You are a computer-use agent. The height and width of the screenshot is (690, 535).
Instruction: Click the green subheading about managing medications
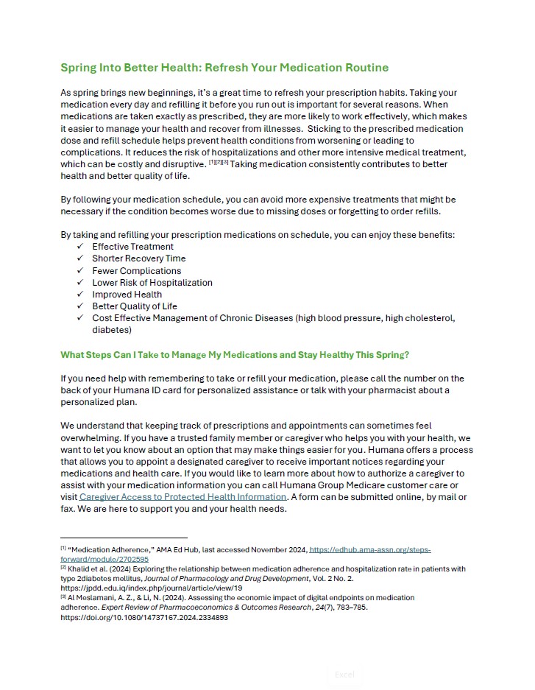tap(235, 354)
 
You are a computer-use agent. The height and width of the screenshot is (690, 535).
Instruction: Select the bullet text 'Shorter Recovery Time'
tap(138, 258)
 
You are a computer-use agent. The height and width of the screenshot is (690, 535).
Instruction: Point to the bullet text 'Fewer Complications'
tap(136, 270)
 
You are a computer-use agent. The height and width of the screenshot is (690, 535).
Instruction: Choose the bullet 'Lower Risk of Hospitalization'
tap(152, 282)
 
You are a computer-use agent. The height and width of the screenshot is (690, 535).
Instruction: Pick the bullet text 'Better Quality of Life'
tap(134, 306)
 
